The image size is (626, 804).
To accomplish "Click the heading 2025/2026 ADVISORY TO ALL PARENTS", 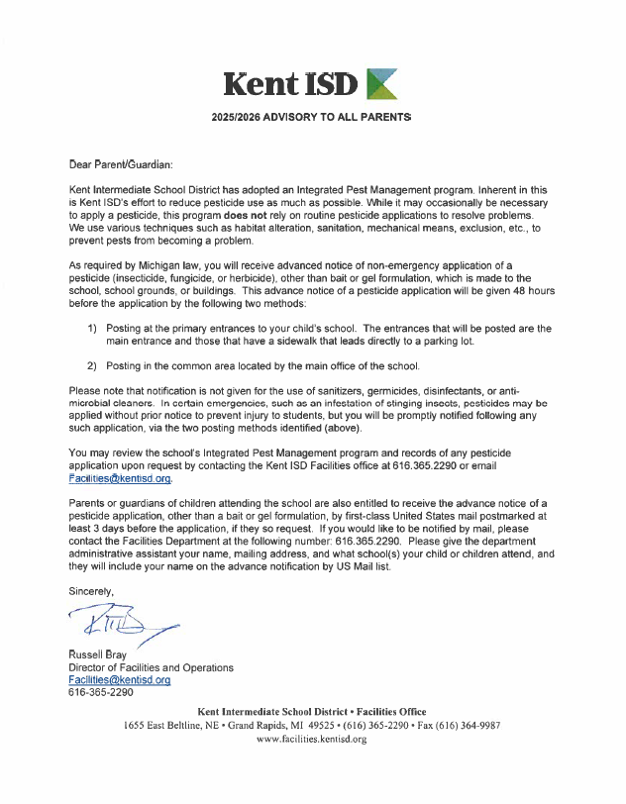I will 311,117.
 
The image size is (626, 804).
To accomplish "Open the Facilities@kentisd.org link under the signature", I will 120,680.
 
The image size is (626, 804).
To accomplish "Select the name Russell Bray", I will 102,654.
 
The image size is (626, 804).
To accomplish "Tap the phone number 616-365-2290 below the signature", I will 100,693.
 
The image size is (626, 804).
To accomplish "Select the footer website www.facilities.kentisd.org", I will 312,740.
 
